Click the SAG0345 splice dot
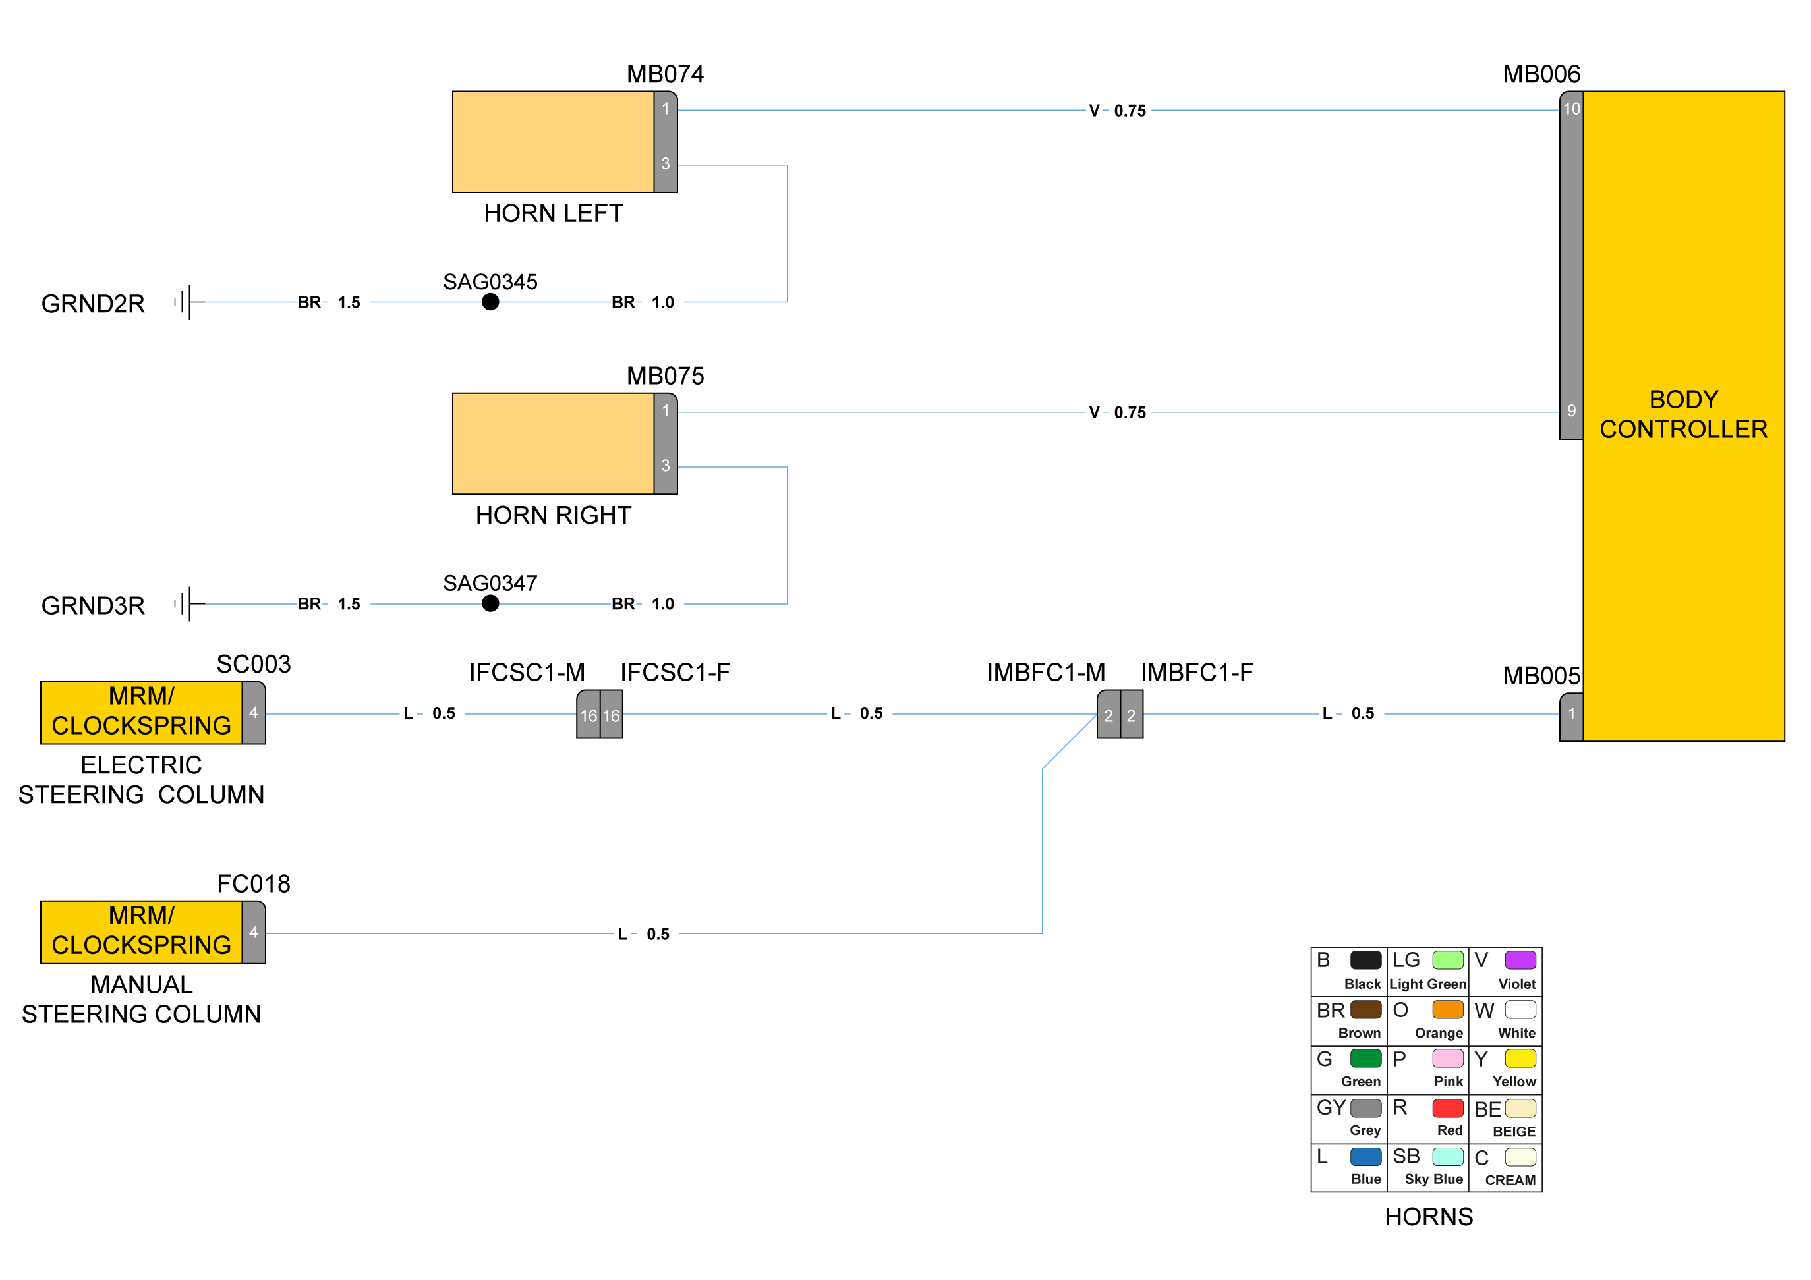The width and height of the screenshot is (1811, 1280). (x=490, y=302)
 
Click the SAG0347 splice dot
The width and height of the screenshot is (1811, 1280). (x=490, y=603)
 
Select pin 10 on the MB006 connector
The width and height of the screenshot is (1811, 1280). (x=1571, y=109)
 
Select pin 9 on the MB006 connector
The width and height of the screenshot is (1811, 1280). (x=1571, y=411)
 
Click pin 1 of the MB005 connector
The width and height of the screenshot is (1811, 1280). (x=1571, y=713)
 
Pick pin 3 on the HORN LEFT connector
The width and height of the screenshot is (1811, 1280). (x=666, y=164)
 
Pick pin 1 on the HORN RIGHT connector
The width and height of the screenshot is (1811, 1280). (x=666, y=411)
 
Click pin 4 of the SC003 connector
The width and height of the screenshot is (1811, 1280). (x=253, y=713)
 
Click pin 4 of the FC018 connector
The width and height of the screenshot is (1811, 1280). (x=253, y=932)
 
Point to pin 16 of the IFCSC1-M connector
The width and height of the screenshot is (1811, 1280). (x=589, y=715)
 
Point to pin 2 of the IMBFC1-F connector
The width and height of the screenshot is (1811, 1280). (x=1131, y=715)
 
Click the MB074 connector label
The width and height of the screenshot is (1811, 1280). (x=665, y=74)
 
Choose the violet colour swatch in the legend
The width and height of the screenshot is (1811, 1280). (x=1520, y=960)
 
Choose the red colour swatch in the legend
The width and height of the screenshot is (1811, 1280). (x=1447, y=1108)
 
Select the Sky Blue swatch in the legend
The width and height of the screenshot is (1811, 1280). (x=1447, y=1157)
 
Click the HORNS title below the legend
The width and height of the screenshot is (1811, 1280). (x=1429, y=1217)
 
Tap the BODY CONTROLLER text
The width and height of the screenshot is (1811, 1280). (x=1683, y=414)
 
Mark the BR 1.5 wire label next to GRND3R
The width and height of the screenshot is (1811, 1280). (x=329, y=604)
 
